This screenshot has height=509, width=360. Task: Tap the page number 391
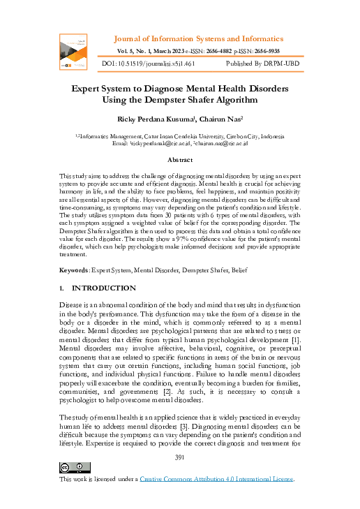180,457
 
